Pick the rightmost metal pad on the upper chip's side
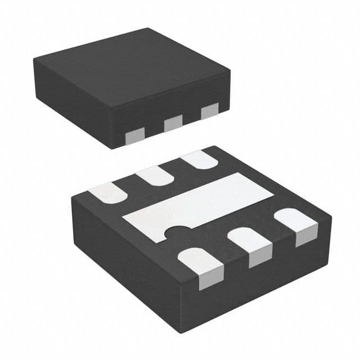click(x=209, y=111)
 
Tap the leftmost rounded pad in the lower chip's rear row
click(x=107, y=192)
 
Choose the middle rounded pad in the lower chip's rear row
click(x=155, y=175)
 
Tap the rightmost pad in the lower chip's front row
click(x=299, y=224)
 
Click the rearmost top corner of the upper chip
click(x=147, y=29)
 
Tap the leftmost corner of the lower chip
click(x=73, y=200)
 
